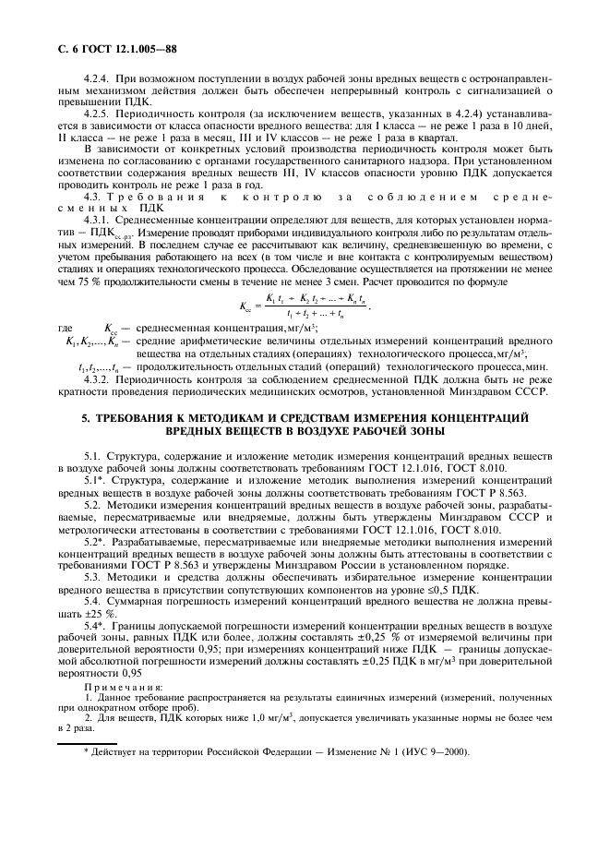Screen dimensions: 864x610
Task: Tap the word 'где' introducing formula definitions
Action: pos(66,327)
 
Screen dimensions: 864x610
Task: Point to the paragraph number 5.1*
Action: pos(98,480)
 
